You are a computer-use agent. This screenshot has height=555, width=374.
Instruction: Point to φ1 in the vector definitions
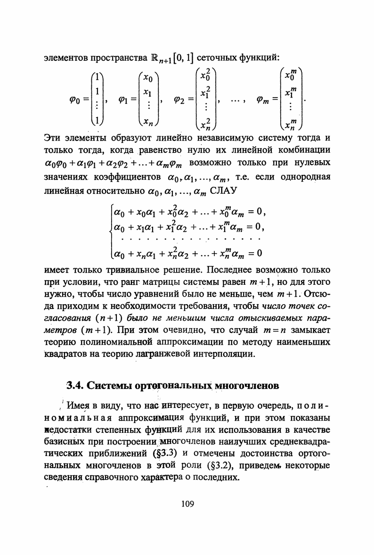(x=127, y=100)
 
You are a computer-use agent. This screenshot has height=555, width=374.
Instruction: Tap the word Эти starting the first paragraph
(x=53, y=138)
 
